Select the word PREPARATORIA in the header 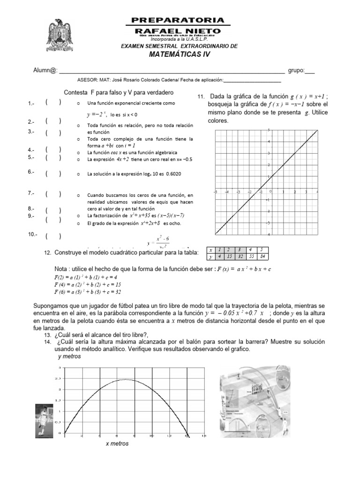coord(178,20)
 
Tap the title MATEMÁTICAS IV coord(180,54)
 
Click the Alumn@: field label coord(45,71)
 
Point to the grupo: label coord(296,71)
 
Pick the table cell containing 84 coord(264,257)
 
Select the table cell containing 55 coord(251,257)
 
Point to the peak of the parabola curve coord(125,380)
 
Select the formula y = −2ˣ coord(97,114)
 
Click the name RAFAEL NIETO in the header coord(178,30)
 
